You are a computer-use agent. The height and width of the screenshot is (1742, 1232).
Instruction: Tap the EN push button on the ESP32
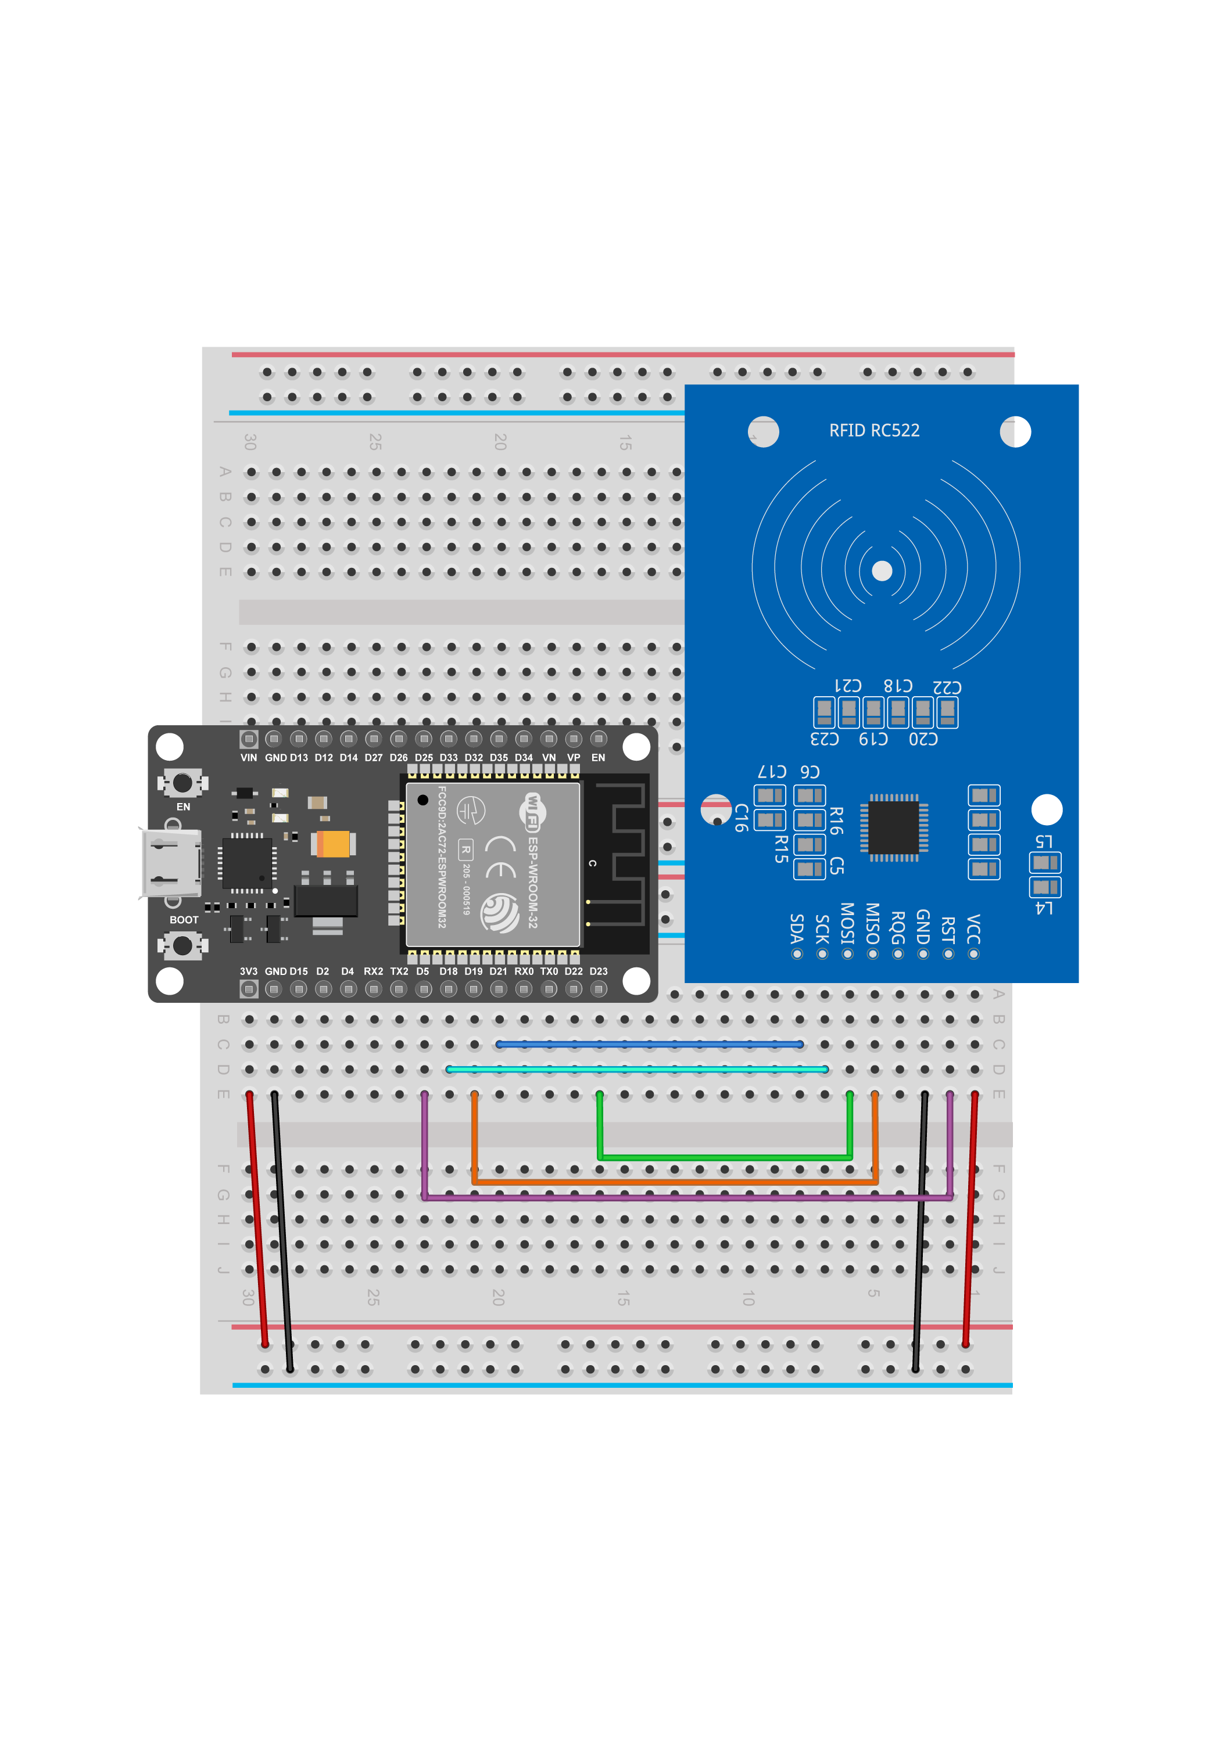click(x=182, y=782)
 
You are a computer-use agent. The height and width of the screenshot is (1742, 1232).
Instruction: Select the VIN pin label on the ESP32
click(x=248, y=758)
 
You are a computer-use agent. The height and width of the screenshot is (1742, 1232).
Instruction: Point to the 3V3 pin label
click(x=248, y=971)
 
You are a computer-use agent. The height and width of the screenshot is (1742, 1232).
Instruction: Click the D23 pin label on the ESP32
click(x=598, y=971)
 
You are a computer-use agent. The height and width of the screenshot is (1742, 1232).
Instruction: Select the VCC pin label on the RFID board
click(x=973, y=928)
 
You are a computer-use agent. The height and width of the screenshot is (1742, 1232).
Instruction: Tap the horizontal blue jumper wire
click(x=649, y=1045)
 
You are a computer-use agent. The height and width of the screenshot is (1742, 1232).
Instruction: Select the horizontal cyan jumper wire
click(x=636, y=1070)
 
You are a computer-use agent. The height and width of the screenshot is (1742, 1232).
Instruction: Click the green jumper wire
click(x=725, y=1158)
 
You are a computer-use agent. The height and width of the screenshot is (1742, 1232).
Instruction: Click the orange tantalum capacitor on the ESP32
click(x=334, y=844)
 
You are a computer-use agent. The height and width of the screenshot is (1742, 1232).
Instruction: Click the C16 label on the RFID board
click(x=741, y=818)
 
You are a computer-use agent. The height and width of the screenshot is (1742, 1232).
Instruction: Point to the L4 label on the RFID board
click(x=1044, y=908)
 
